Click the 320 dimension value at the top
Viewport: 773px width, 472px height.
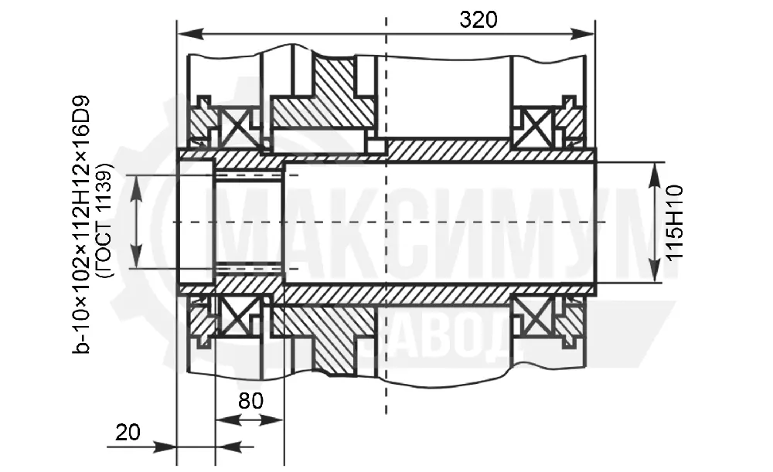click(478, 20)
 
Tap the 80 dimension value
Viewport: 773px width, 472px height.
click(250, 401)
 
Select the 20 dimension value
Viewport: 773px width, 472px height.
click(128, 433)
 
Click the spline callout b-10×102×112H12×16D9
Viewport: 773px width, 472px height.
click(81, 224)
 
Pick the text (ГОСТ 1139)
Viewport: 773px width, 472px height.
click(105, 220)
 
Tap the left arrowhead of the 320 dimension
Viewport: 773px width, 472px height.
click(190, 33)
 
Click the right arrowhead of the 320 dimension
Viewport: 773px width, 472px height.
click(582, 33)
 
